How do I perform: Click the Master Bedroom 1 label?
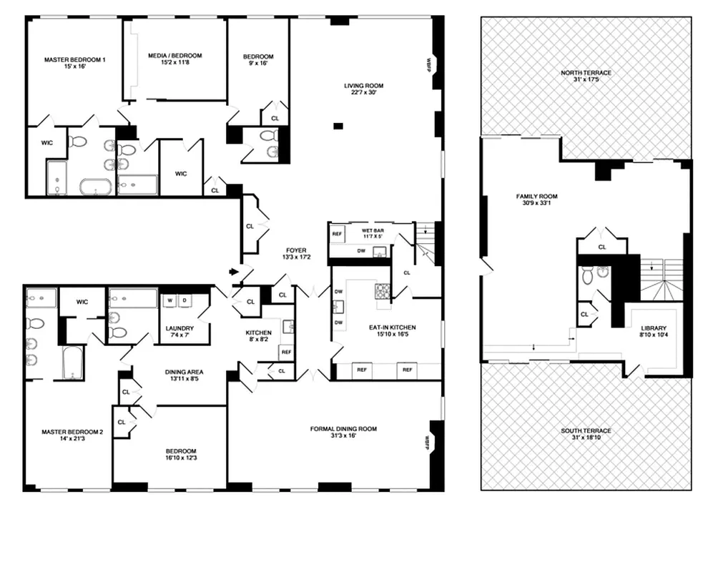pyautogui.click(x=74, y=60)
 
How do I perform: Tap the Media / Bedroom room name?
pyautogui.click(x=174, y=56)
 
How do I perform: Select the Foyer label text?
pyautogui.click(x=294, y=251)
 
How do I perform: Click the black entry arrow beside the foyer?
pyautogui.click(x=233, y=272)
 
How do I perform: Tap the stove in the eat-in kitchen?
pyautogui.click(x=383, y=291)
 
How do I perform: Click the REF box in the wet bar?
pyautogui.click(x=337, y=233)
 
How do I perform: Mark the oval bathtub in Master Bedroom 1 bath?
pyautogui.click(x=95, y=188)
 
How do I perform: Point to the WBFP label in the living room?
pyautogui.click(x=428, y=64)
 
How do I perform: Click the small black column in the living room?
pyautogui.click(x=338, y=127)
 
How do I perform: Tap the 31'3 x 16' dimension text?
pyautogui.click(x=343, y=436)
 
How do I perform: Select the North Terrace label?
pyautogui.click(x=586, y=73)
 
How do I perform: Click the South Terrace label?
pyautogui.click(x=586, y=431)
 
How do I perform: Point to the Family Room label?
pyautogui.click(x=537, y=197)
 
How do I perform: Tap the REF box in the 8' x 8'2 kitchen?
pyautogui.click(x=286, y=352)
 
